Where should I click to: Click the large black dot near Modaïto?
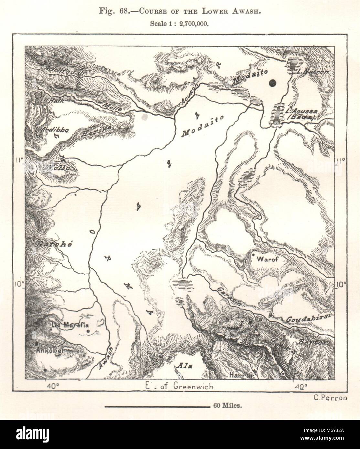[273, 83]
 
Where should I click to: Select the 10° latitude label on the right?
[342, 284]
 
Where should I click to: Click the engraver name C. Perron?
[330, 398]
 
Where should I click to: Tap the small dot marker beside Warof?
[254, 256]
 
